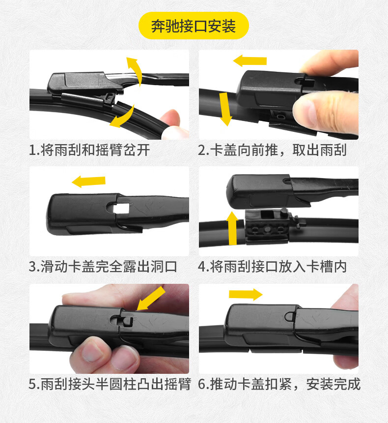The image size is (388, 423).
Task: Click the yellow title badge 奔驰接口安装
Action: [x=194, y=26]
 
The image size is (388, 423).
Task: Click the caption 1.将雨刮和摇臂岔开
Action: [x=89, y=150]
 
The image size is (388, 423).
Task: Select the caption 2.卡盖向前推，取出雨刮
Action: [x=272, y=150]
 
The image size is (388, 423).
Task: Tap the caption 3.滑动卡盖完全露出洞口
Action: [x=103, y=267]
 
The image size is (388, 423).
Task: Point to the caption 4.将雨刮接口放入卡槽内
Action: [x=272, y=267]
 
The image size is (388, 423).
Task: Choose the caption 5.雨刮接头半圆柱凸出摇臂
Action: [x=110, y=384]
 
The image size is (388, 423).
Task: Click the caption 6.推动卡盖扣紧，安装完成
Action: [x=279, y=384]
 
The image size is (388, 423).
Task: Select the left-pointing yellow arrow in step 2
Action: [x=250, y=60]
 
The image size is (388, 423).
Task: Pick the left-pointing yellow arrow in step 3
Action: [x=88, y=181]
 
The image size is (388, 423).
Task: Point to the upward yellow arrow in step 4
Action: [x=232, y=228]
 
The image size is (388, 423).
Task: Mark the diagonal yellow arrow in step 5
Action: [x=151, y=299]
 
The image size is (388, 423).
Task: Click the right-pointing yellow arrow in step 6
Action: [x=246, y=294]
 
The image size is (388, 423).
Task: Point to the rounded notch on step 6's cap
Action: [x=290, y=316]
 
